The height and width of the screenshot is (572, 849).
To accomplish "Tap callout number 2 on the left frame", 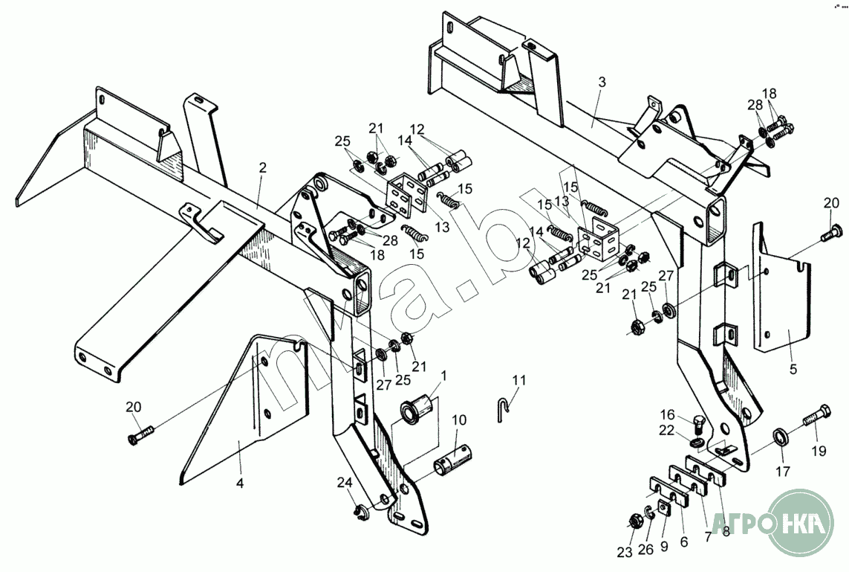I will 261,168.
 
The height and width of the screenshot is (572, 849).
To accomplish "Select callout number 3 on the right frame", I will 602,83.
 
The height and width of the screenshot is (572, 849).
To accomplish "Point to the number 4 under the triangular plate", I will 240,483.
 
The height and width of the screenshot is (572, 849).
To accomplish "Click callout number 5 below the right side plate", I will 793,368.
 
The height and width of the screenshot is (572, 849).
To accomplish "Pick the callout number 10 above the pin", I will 460,420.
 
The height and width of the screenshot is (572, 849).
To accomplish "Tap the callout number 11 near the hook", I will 518,380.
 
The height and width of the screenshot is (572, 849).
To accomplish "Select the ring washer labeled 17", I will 781,436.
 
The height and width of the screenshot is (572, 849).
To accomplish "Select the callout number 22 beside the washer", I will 666,431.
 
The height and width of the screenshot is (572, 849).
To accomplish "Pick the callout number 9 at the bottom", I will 665,545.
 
